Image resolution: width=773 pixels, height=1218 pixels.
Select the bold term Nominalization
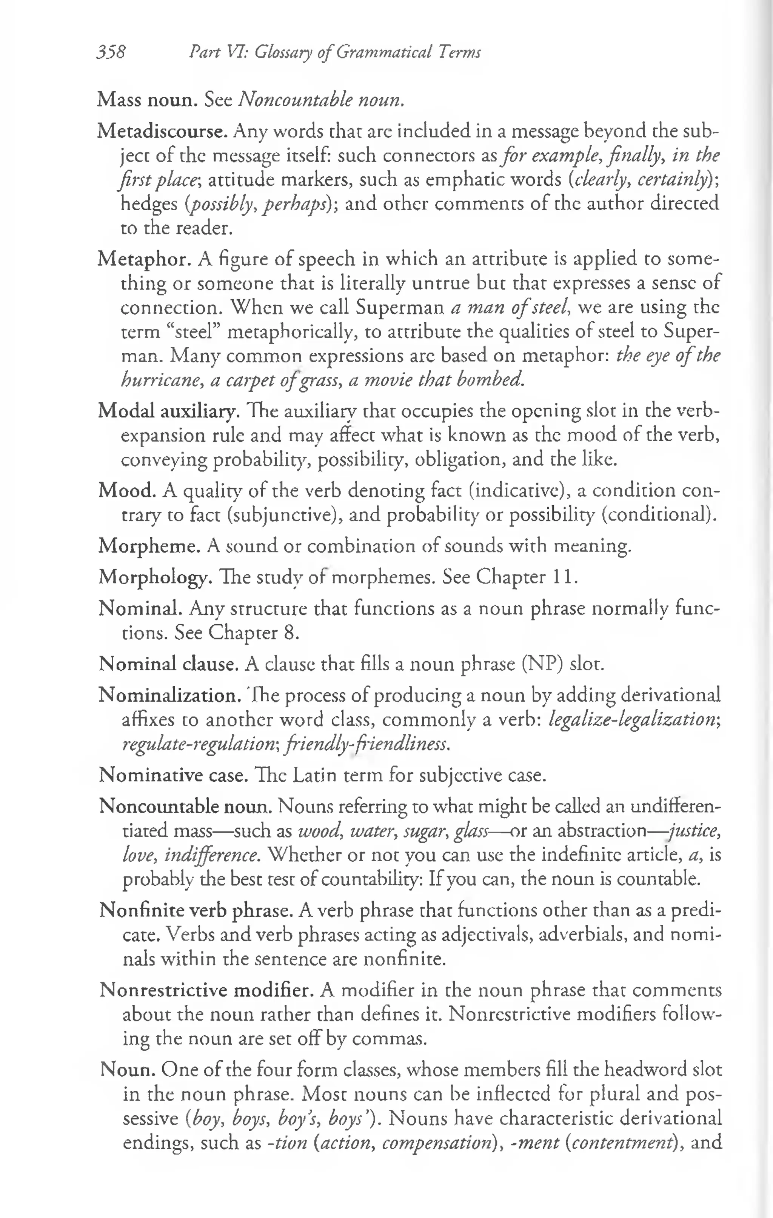tap(170, 696)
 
